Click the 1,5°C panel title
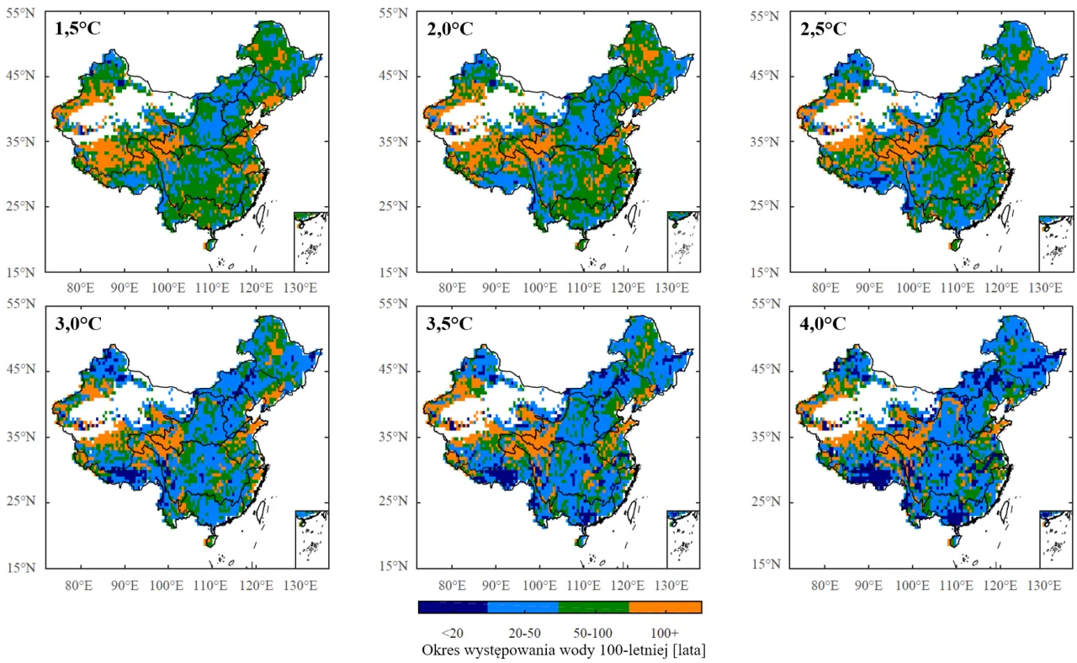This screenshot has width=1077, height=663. pos(77,29)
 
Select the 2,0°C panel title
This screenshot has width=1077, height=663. pos(450,29)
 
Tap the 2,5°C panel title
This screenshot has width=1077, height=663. pos(824,29)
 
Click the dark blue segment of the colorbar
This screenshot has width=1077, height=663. pos(453,607)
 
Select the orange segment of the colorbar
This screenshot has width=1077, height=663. pos(666,607)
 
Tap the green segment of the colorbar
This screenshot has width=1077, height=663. pos(594,607)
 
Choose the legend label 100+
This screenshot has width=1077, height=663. pos(665,632)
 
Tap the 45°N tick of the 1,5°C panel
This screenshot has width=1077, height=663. pos(28,76)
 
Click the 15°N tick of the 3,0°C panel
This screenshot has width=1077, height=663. pos(28,567)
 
